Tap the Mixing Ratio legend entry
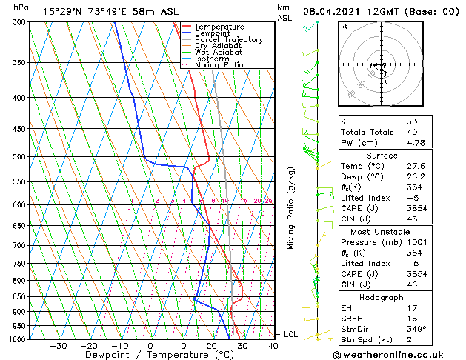point(219,64)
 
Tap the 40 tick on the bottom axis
point(273,346)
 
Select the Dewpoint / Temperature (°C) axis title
point(150,355)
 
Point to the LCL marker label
point(290,334)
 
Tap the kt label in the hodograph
point(344,26)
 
